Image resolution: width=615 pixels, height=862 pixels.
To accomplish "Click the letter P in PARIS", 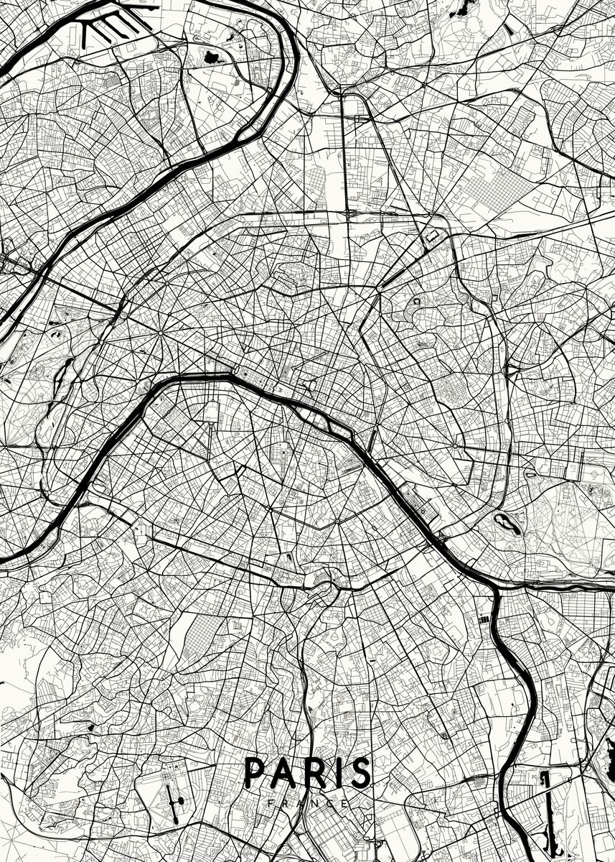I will (x=255, y=772).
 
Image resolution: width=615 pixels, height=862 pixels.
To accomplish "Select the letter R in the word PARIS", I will (x=313, y=772).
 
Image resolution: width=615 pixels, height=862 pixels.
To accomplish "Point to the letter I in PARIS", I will (x=336, y=772).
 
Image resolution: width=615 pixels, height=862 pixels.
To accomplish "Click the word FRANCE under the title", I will (x=308, y=802).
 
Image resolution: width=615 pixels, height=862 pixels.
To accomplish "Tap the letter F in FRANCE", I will (x=269, y=802).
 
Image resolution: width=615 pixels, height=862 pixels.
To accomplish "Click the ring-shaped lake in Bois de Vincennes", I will (x=508, y=523).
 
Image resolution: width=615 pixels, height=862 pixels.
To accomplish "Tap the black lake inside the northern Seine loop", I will (x=212, y=56).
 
